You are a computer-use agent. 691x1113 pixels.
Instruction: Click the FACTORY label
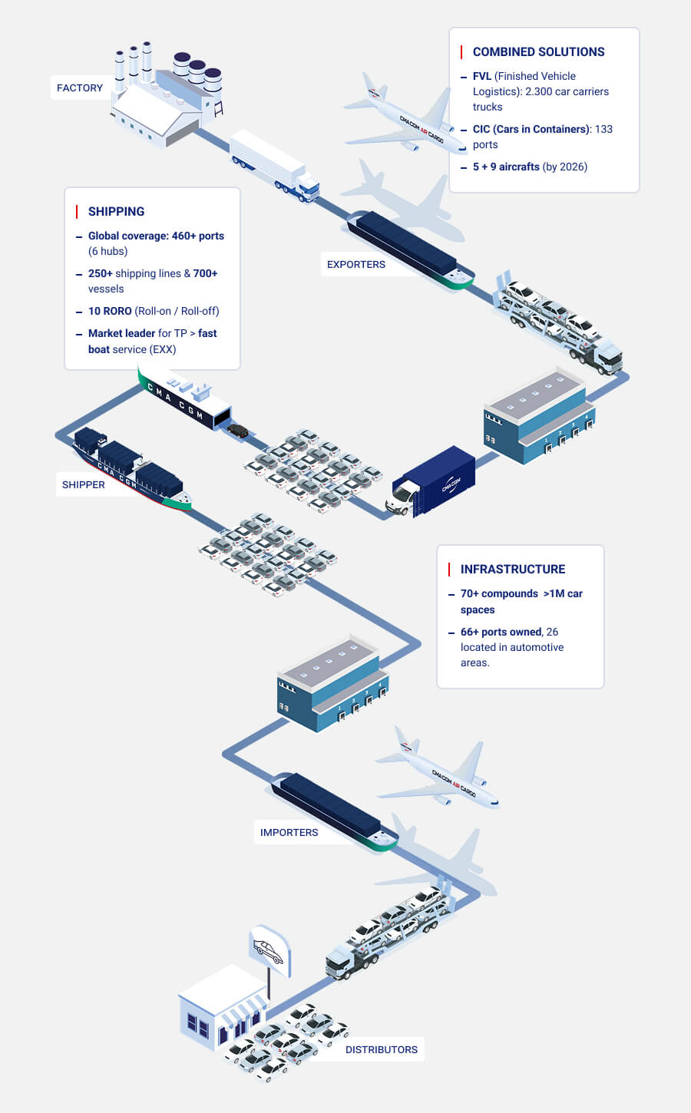pyautogui.click(x=80, y=88)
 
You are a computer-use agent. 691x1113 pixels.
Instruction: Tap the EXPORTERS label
pyautogui.click(x=356, y=265)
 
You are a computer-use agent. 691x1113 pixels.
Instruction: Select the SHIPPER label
pyautogui.click(x=84, y=485)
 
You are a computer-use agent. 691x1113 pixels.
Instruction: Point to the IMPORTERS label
pyautogui.click(x=289, y=833)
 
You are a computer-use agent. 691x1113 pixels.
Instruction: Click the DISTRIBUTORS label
pyautogui.click(x=381, y=1050)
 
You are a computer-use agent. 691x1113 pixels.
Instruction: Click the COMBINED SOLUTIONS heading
pyautogui.click(x=538, y=52)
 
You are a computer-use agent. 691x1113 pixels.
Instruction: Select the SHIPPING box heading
pyautogui.click(x=116, y=212)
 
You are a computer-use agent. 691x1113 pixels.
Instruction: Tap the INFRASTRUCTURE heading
pyautogui.click(x=512, y=570)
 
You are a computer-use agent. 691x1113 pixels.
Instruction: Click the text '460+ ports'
pyautogui.click(x=197, y=236)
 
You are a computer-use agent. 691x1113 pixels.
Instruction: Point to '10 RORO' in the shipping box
pyautogui.click(x=110, y=312)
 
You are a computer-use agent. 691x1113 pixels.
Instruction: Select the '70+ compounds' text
pyautogui.click(x=499, y=594)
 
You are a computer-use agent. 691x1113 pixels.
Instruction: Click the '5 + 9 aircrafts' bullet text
pyautogui.click(x=506, y=167)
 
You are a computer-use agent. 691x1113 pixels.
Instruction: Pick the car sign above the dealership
pyautogui.click(x=269, y=951)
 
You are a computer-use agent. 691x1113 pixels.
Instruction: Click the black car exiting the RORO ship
pyautogui.click(x=238, y=431)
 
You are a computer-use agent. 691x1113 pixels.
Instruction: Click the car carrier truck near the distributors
pyautogui.click(x=388, y=932)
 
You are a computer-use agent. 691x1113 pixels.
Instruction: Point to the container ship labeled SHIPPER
pyautogui.click(x=131, y=469)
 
